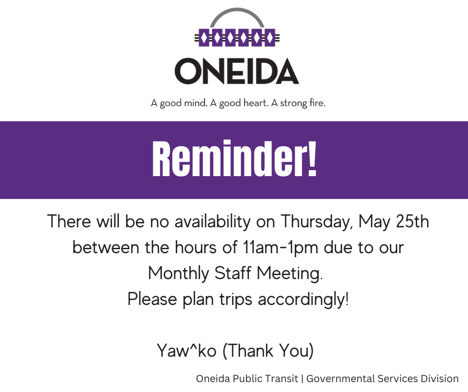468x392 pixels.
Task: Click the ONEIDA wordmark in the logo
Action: click(x=236, y=71)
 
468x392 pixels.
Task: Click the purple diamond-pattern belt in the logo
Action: click(x=236, y=38)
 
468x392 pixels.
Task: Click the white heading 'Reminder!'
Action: click(x=234, y=160)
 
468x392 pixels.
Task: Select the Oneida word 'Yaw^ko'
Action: click(x=186, y=351)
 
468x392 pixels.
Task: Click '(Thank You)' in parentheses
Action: click(x=268, y=351)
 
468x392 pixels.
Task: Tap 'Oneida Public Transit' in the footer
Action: click(x=247, y=379)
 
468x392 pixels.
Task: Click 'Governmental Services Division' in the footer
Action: click(x=382, y=379)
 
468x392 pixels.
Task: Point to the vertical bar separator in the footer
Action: click(x=303, y=379)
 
